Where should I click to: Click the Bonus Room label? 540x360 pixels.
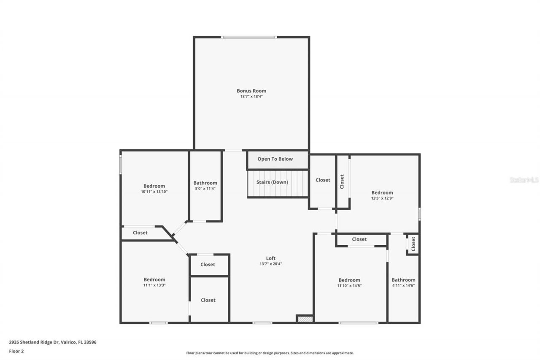click(x=251, y=91)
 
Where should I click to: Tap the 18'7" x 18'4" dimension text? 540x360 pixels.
click(x=251, y=97)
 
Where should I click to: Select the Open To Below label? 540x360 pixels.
click(x=275, y=159)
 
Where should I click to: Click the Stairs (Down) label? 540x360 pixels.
click(x=272, y=182)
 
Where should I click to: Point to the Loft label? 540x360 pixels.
click(x=270, y=258)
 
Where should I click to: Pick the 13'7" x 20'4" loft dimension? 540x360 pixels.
click(x=270, y=264)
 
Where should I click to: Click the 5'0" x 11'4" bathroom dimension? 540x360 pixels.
click(x=205, y=189)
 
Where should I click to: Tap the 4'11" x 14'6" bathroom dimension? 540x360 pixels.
click(x=403, y=286)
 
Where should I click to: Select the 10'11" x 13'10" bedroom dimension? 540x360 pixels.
click(x=154, y=192)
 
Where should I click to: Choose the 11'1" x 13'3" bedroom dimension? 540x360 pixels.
click(x=154, y=285)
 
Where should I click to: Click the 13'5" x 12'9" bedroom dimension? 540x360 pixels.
click(x=382, y=198)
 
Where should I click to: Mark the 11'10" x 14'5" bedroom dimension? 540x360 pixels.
click(x=349, y=286)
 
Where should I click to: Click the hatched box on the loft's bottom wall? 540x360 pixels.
click(x=305, y=319)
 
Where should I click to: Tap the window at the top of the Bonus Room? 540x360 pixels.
click(x=249, y=37)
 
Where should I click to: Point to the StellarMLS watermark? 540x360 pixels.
click(x=524, y=180)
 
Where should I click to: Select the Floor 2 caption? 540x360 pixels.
click(x=16, y=351)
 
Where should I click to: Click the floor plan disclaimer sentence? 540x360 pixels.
click(x=270, y=353)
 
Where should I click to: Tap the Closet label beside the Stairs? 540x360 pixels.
click(x=323, y=180)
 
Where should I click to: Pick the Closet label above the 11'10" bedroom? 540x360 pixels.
click(x=359, y=239)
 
